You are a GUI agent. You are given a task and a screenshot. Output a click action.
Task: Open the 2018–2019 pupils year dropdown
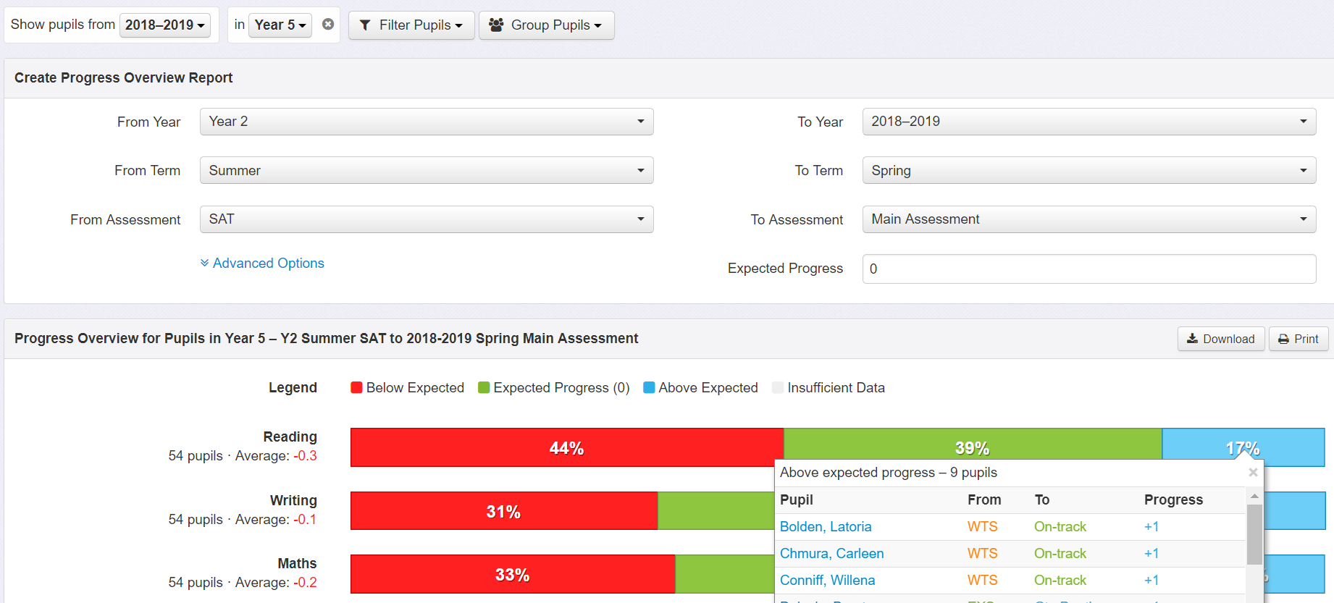(165, 25)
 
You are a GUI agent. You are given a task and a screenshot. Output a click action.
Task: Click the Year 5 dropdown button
(280, 25)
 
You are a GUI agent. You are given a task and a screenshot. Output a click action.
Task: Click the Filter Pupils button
(411, 25)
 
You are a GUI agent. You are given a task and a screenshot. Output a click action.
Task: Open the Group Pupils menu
(546, 25)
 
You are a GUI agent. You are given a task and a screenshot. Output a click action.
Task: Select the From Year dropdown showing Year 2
(426, 122)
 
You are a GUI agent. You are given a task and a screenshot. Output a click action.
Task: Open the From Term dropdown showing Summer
(426, 171)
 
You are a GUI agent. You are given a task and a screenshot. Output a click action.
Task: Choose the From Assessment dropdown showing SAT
(426, 219)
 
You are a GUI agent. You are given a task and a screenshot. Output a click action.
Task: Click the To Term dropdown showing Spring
(1088, 171)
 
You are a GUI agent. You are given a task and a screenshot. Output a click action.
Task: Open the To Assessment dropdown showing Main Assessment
(1088, 219)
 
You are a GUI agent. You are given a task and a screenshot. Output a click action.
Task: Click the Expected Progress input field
(1088, 269)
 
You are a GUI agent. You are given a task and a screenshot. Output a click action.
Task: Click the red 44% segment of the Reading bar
(566, 447)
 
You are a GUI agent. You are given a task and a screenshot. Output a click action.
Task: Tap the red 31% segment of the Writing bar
(503, 511)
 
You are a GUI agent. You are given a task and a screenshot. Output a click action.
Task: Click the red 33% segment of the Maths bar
(512, 574)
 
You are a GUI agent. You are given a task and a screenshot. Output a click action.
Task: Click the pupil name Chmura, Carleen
(831, 554)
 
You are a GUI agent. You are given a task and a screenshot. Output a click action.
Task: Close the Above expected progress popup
(1253, 473)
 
